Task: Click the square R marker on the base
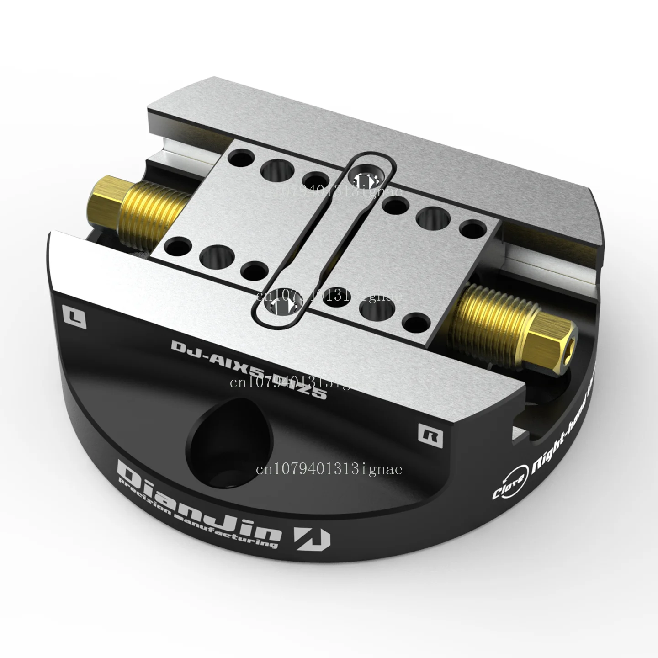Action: pos(430,435)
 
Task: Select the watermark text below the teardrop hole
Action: pos(329,469)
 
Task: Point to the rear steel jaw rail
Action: pos(366,128)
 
